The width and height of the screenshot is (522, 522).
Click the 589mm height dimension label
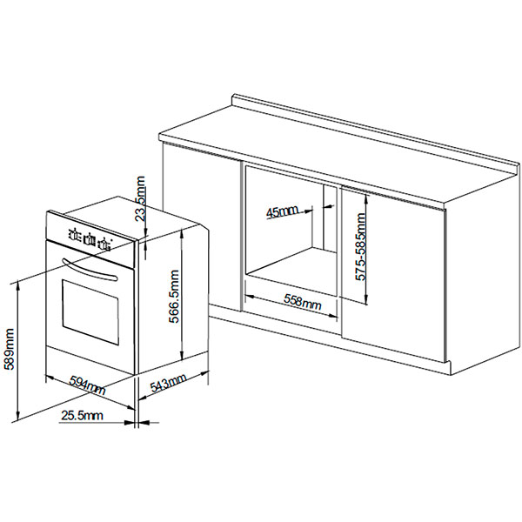[x=9, y=349]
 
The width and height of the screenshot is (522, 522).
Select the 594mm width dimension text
[x=87, y=385]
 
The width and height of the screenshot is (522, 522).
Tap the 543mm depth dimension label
[x=168, y=383]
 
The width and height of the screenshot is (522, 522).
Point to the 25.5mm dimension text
[x=82, y=416]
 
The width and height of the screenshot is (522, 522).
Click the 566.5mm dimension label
[x=174, y=297]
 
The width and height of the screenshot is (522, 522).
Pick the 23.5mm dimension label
[x=141, y=198]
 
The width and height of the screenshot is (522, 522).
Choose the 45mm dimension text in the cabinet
[x=282, y=212]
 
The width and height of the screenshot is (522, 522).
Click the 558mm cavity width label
[x=302, y=301]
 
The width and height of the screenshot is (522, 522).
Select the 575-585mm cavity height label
[x=360, y=247]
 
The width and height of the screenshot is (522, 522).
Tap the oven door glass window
[x=90, y=312]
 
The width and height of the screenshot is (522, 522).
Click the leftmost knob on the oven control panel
[x=75, y=234]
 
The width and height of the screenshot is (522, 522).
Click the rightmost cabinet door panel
[x=393, y=273]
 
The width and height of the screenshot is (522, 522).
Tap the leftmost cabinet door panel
[x=202, y=226]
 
